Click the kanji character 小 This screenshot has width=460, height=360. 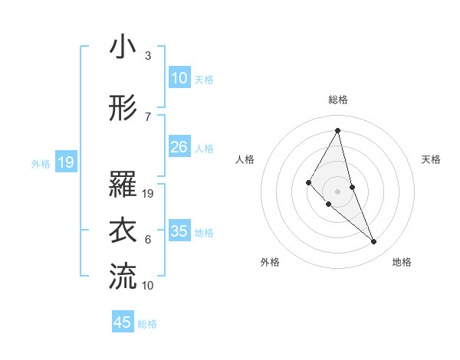[123, 47]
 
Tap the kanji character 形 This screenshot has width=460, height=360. [123, 109]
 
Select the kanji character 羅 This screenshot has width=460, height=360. [123, 185]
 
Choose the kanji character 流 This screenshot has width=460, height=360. [123, 277]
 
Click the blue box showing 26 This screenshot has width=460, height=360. [179, 147]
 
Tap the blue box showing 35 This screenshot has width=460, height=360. [179, 231]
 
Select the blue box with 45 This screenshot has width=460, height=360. [123, 322]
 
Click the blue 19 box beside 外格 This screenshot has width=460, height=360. [65, 162]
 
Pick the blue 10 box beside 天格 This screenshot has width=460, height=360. [179, 78]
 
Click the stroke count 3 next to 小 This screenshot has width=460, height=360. [148, 56]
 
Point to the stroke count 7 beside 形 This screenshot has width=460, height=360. [148, 117]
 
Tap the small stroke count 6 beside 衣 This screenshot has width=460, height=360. [148, 240]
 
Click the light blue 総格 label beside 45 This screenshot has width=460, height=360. [147, 324]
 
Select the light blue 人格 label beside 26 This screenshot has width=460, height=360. [204, 148]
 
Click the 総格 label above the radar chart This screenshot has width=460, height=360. [337, 100]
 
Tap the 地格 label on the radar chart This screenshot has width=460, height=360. [402, 262]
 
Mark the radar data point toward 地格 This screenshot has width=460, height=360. [374, 241]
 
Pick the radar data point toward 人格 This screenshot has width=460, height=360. [309, 182]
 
